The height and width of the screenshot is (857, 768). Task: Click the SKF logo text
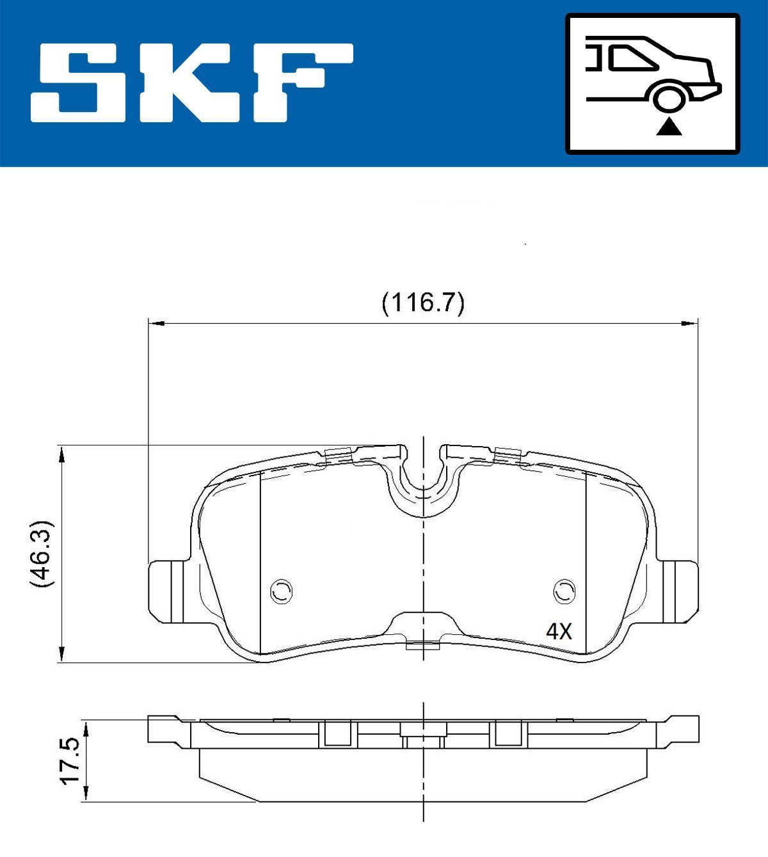(x=192, y=83)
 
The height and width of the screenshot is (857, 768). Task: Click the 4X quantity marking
(x=558, y=632)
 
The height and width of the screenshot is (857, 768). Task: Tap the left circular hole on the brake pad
(x=281, y=590)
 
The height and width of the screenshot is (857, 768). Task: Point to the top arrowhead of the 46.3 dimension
(x=62, y=454)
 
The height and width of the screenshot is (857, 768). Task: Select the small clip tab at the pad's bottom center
(x=423, y=645)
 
